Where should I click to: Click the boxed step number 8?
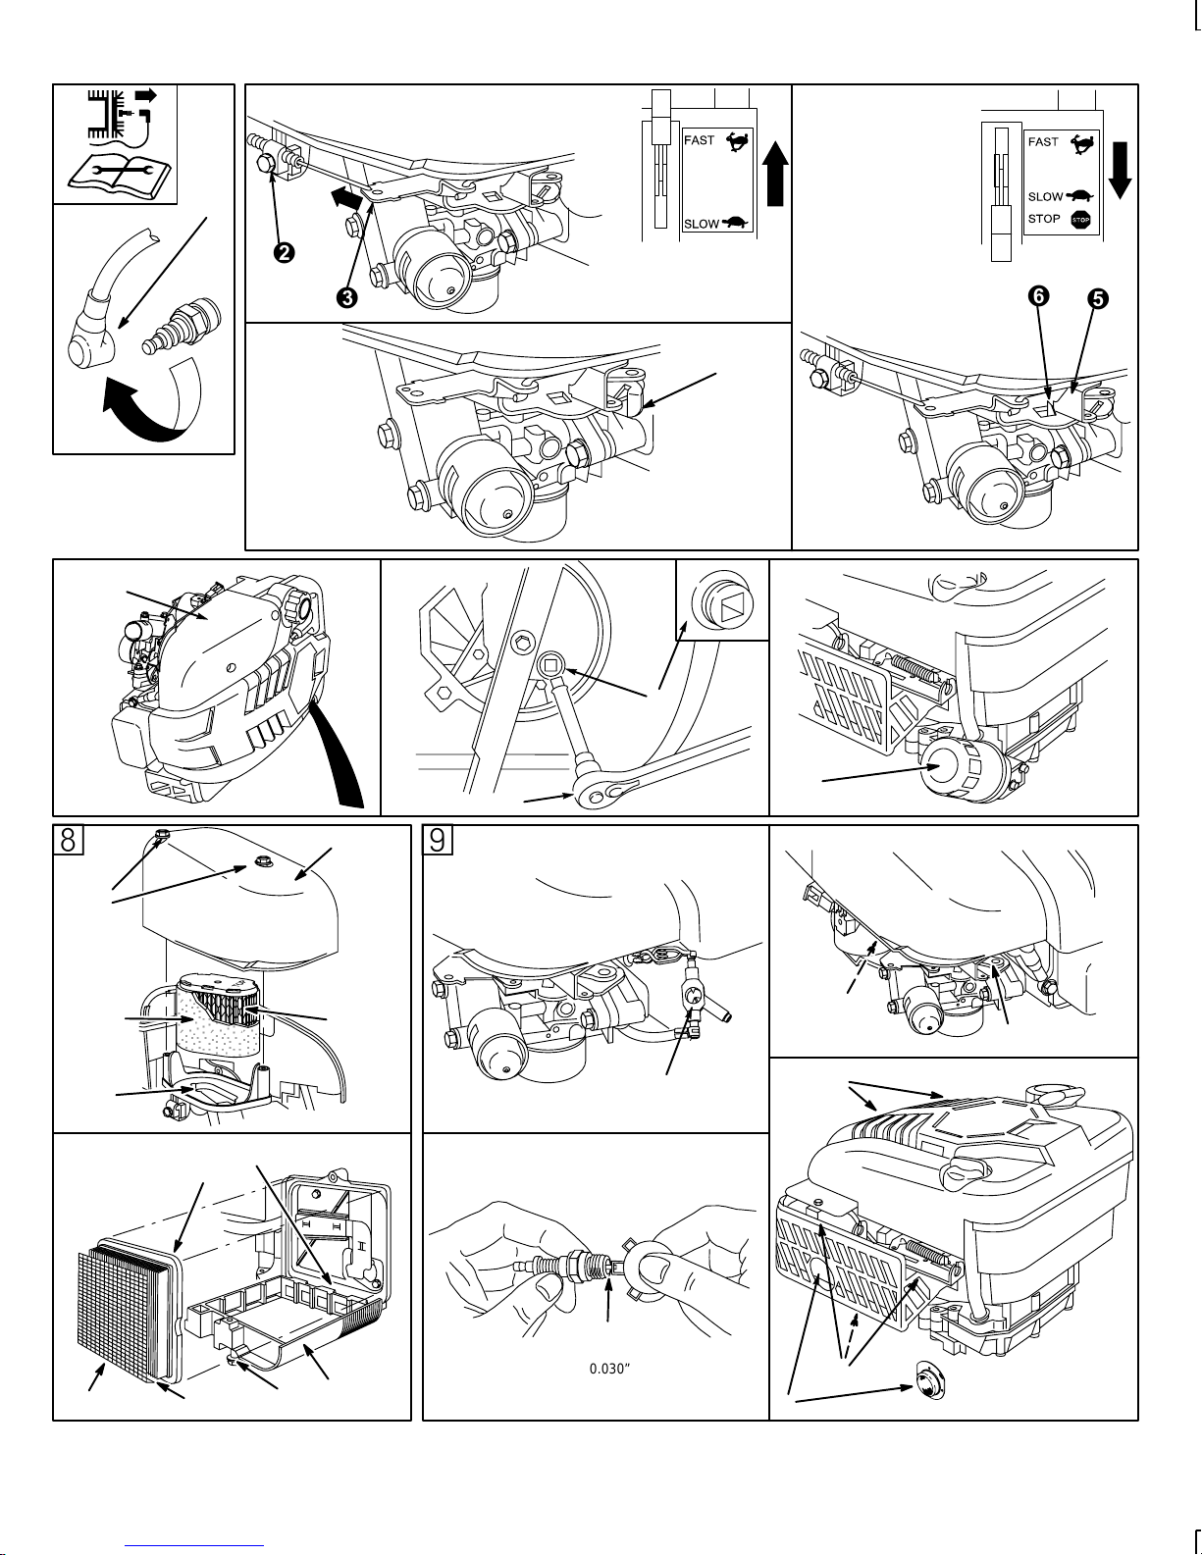[68, 841]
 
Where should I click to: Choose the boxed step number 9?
[438, 841]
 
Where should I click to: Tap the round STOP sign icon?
[1080, 220]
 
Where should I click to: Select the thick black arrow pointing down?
[1121, 167]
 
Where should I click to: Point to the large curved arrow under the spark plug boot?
[147, 402]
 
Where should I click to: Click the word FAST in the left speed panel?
[699, 140]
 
